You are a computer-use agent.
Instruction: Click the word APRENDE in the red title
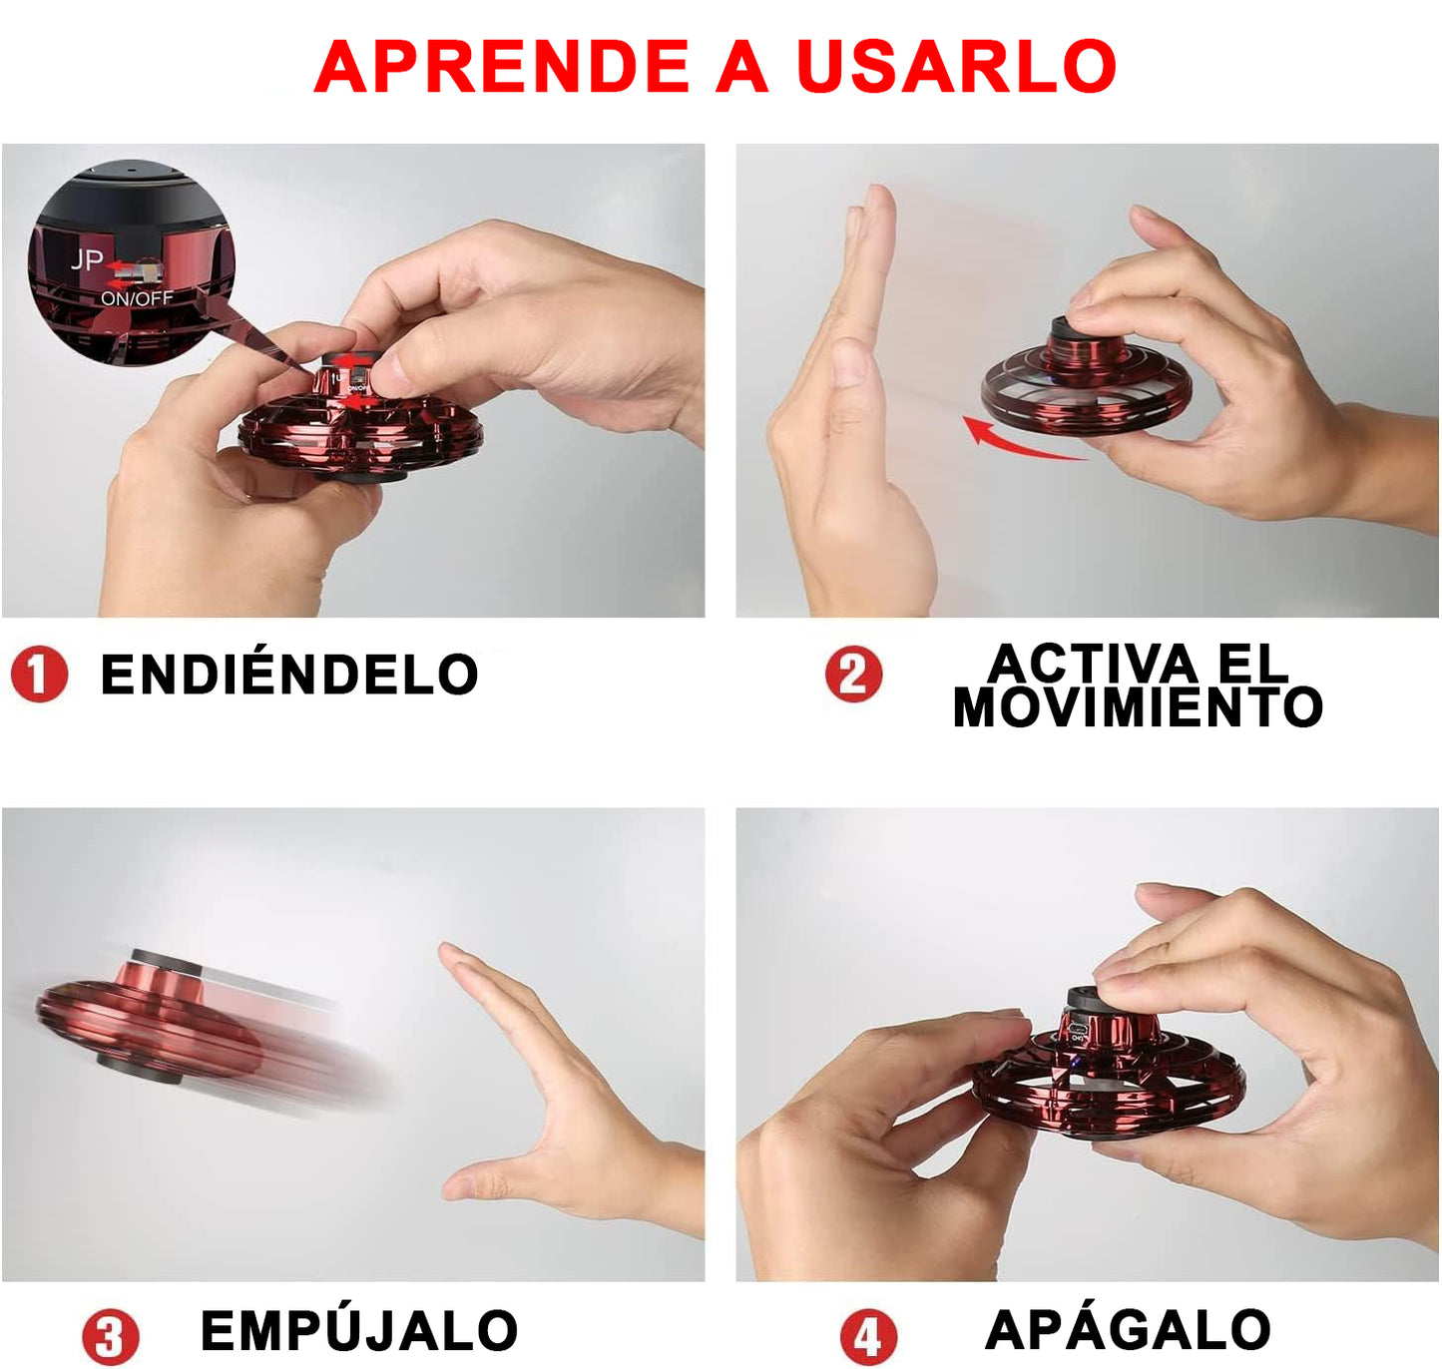point(502,67)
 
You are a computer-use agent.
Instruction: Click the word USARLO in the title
point(956,67)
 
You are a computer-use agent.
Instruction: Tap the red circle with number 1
point(39,674)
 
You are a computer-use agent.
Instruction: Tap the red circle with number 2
point(853,674)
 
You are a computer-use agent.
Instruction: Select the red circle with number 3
point(110,1337)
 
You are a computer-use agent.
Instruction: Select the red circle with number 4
point(867,1337)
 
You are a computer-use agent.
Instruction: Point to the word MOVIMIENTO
point(1138,706)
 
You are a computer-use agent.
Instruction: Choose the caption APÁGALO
point(1128,1329)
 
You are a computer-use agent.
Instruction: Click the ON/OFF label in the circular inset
point(137,298)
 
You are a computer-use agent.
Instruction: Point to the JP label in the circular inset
point(87,259)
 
